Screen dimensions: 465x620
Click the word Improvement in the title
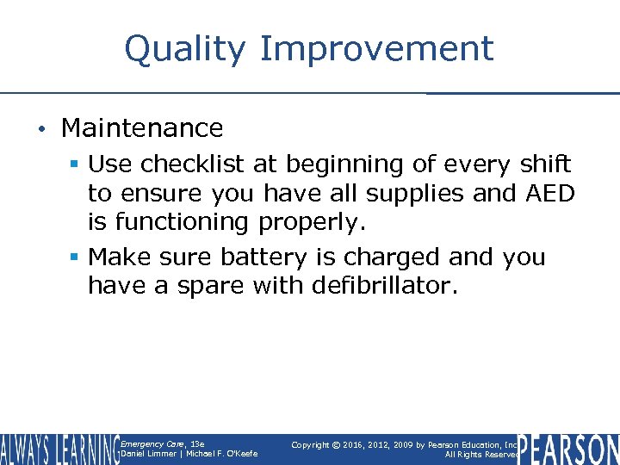coord(376,49)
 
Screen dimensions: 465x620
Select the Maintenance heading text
coord(142,128)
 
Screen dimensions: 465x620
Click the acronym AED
coord(549,193)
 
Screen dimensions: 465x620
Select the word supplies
coord(409,194)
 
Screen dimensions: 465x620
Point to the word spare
coord(209,286)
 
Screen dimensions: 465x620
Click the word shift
coord(543,164)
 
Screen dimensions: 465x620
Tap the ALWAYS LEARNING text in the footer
coord(59,449)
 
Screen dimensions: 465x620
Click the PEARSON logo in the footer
coord(569,449)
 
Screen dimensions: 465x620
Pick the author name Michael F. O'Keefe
coord(220,454)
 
